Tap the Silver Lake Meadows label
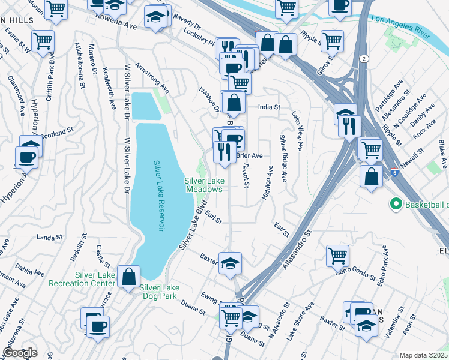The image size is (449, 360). point(203,185)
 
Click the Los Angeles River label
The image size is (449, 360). point(402,27)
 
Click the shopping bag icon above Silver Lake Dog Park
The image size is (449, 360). point(129,277)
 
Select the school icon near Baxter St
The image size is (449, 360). point(230,263)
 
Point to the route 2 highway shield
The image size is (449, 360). point(364,58)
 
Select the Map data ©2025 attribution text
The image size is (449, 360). point(424,355)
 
